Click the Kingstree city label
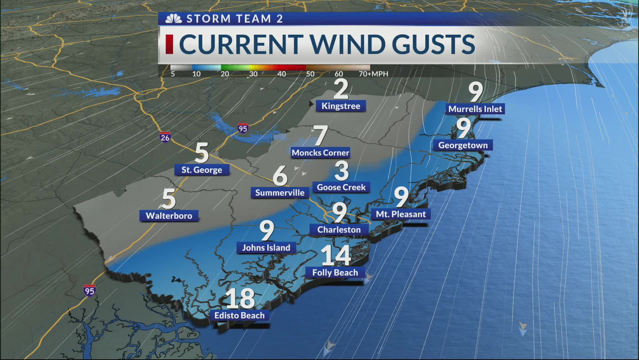pos(341,106)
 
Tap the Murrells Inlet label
pos(475,109)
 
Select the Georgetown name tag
pos(463,145)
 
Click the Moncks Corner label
pos(320,153)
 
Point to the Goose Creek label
pos(341,187)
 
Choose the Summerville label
pos(280,193)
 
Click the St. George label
pos(202,170)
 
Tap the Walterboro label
pos(169,216)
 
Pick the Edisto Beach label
pos(239,315)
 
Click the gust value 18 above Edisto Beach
pos(240,299)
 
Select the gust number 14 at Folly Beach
pos(336,255)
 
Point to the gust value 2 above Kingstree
pos(340,89)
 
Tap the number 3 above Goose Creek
pos(341,171)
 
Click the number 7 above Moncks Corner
pos(320,136)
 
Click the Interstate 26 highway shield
pos(165,137)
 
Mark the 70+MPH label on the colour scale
pos(373,74)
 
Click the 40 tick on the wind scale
pos(282,74)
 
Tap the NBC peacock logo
pos(173,19)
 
